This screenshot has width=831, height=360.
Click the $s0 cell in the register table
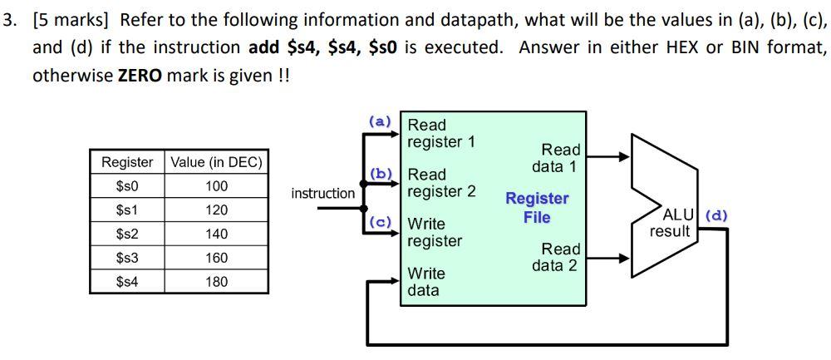point(127,186)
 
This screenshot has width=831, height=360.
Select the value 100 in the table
point(216,186)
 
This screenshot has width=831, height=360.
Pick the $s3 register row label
point(127,258)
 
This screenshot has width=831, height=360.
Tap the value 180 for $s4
point(216,282)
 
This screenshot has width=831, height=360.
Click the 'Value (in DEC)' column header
point(216,162)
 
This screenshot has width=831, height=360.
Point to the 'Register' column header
point(127,162)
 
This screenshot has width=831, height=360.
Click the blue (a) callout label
point(380,121)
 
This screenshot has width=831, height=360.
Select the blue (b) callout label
point(381,173)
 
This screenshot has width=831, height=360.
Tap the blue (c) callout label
point(380,222)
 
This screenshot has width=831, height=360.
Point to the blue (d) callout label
point(716,215)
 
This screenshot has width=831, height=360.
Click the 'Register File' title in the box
point(537,208)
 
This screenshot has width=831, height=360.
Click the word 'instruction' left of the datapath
point(322,193)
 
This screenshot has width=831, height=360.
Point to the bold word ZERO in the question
point(140,76)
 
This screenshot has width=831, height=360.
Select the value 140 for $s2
point(216,234)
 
